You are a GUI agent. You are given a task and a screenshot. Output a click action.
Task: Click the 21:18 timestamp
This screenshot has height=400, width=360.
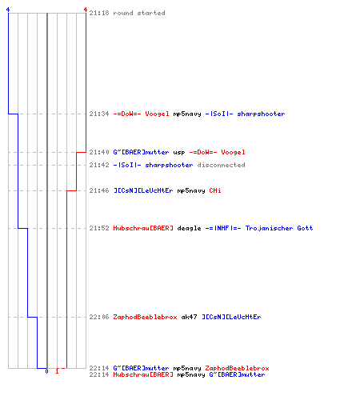99,13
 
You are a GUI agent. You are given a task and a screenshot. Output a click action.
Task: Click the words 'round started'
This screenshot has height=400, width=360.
139,13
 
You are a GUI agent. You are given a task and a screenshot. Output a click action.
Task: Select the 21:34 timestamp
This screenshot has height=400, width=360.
99,114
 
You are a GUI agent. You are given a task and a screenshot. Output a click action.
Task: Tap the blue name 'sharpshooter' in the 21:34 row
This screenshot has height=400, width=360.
261,114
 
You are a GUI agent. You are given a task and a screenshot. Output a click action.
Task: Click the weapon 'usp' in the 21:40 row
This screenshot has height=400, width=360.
179,153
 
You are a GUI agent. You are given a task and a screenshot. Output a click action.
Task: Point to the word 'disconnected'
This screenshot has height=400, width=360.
221,165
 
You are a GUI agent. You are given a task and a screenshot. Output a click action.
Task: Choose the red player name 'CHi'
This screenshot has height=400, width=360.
215,190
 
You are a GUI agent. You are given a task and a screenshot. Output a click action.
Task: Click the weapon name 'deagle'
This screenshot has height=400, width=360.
189,229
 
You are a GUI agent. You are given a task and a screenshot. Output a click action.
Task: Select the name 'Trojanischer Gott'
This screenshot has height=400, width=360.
279,228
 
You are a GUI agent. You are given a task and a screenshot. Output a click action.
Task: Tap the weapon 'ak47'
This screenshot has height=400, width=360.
189,317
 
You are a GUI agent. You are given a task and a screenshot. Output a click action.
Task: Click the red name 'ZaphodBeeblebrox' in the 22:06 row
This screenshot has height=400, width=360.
145,317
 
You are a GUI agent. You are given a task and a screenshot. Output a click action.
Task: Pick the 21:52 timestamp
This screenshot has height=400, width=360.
99,228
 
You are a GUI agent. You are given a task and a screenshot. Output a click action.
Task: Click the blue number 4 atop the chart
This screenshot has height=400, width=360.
8,10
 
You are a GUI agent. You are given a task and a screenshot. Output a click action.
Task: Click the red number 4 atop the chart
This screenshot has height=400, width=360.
86,10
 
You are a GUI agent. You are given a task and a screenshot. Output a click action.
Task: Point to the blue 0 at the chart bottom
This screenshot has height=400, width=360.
46,371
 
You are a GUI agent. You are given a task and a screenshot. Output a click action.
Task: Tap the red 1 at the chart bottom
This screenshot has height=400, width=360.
57,371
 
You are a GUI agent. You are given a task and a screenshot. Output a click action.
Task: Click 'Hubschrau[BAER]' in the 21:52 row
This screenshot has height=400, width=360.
143,228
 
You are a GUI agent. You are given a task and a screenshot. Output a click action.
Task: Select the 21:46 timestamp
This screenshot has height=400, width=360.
99,190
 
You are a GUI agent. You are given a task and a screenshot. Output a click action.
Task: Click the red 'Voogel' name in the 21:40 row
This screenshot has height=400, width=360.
233,152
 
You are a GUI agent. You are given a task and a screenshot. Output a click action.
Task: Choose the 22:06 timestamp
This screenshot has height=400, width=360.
99,317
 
